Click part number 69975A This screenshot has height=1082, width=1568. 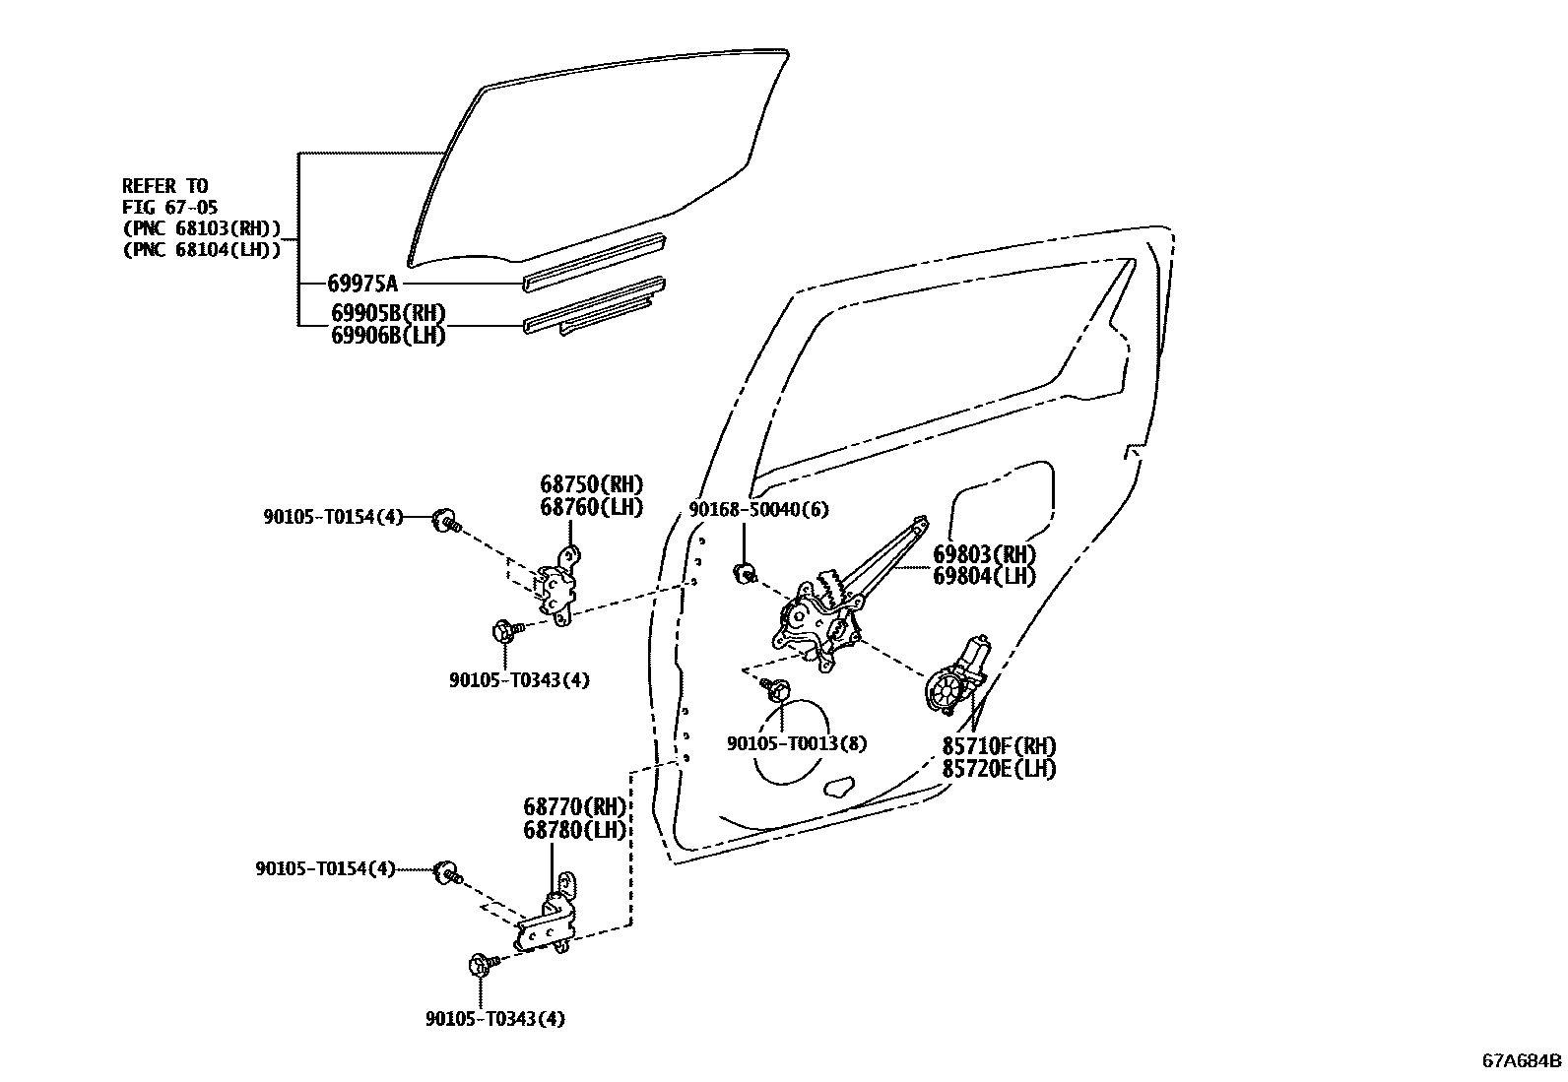(x=361, y=285)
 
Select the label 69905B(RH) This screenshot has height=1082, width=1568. (x=388, y=314)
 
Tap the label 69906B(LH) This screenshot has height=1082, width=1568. (x=388, y=336)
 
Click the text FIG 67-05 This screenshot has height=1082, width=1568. (x=169, y=208)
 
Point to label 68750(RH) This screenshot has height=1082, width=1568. (x=591, y=484)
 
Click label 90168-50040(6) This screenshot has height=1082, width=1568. (x=758, y=509)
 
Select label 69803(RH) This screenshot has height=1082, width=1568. (x=985, y=554)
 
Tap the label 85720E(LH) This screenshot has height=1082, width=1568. (x=999, y=769)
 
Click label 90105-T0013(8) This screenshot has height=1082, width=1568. (x=797, y=744)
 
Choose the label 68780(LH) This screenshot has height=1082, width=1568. (x=574, y=830)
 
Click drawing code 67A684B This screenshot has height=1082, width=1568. (x=1522, y=1061)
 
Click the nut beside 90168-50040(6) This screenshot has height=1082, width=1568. (x=746, y=572)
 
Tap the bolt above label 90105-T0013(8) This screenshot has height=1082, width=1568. (x=773, y=690)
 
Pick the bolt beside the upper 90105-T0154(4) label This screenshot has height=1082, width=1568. (x=446, y=520)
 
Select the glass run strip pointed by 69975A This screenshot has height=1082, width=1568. (x=596, y=262)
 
